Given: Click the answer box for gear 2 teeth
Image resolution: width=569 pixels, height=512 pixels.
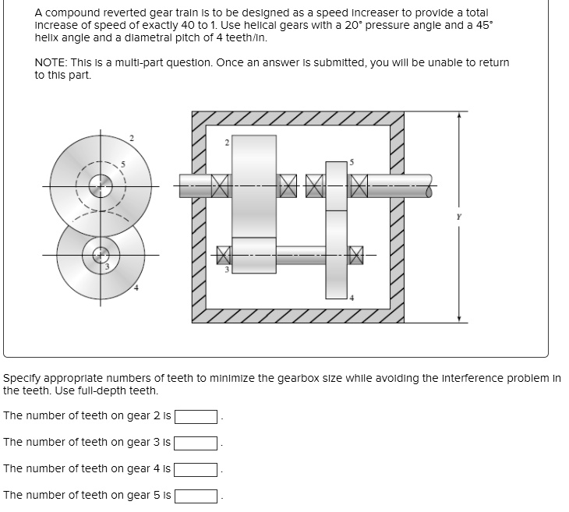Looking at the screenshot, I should tap(196, 416).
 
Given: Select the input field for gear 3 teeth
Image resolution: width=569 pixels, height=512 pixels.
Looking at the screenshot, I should tap(196, 443).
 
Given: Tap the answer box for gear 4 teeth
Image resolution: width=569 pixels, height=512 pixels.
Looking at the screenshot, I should tap(196, 469).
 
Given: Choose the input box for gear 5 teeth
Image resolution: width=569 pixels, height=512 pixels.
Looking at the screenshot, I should tap(196, 496).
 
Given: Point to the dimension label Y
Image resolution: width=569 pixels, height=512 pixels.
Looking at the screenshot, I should tap(458, 217).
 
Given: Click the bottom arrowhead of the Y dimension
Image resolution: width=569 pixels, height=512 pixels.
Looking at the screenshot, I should tap(458, 318).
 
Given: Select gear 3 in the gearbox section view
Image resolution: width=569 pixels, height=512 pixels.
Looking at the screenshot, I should tap(254, 255).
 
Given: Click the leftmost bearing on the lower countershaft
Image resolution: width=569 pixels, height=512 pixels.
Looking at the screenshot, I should tap(224, 254).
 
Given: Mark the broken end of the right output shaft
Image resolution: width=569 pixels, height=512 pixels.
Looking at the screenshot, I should tap(428, 186).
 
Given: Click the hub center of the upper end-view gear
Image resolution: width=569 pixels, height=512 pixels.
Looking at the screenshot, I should tap(100, 186).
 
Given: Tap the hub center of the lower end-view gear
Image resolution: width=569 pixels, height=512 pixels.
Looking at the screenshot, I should tap(100, 255).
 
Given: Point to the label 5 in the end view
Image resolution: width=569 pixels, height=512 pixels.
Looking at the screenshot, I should tap(121, 164).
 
